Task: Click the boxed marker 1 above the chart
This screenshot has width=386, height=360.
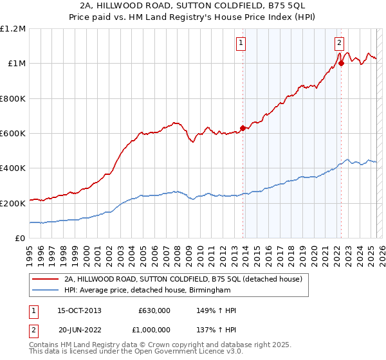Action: click(x=241, y=43)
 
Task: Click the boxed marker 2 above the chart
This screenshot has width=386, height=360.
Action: click(x=339, y=43)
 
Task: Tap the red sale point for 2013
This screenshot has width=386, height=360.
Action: click(x=243, y=128)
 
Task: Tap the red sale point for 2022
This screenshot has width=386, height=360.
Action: click(x=341, y=63)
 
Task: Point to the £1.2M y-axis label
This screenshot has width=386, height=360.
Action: click(x=13, y=29)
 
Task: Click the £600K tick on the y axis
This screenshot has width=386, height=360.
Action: click(x=13, y=134)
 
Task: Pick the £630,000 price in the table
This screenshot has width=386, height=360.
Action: click(x=154, y=310)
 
